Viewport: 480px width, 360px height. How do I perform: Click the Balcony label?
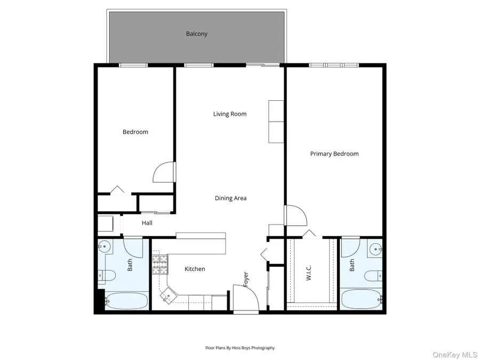pyautogui.click(x=196, y=34)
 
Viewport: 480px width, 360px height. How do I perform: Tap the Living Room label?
pyautogui.click(x=230, y=114)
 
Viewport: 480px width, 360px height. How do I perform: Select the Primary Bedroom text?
pyautogui.click(x=334, y=154)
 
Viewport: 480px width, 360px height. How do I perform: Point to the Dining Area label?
pyautogui.click(x=230, y=198)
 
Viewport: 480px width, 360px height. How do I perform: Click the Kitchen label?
pyautogui.click(x=195, y=269)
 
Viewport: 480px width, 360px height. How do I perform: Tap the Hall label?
pyautogui.click(x=147, y=223)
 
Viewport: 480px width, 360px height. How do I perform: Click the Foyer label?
pyautogui.click(x=246, y=280)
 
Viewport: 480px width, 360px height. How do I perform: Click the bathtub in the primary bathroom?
pyautogui.click(x=361, y=300)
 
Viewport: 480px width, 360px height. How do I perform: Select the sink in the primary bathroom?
pyautogui.click(x=375, y=247)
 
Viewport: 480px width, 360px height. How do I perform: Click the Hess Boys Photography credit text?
pyautogui.click(x=240, y=348)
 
